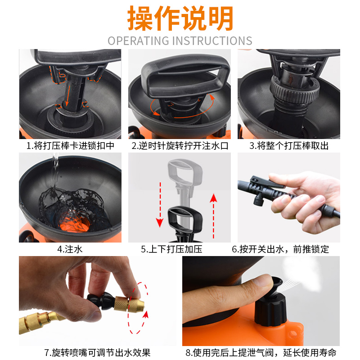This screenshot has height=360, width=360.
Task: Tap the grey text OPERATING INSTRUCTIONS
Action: point(180,40)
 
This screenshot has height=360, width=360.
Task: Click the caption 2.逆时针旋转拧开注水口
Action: point(180,146)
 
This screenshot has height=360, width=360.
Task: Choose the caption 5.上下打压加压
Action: point(180,249)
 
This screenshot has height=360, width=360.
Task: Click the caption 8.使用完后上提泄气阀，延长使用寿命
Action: point(261,352)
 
